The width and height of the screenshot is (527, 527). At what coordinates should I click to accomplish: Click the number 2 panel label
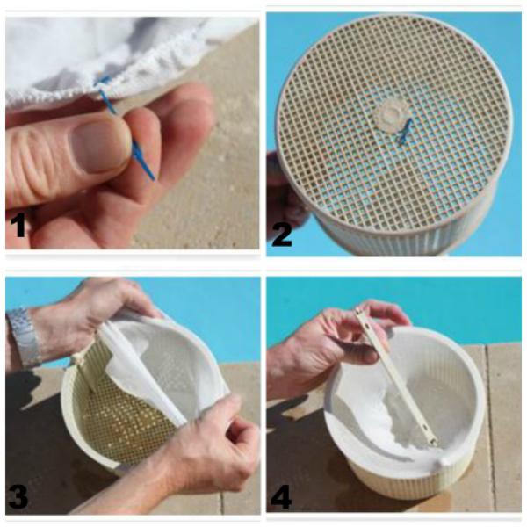[x=282, y=235]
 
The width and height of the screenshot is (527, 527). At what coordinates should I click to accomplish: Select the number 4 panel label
[x=281, y=496]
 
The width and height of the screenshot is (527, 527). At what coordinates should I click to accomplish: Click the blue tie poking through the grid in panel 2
[x=405, y=132]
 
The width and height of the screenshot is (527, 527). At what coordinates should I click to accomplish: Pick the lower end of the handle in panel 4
[x=433, y=442]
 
